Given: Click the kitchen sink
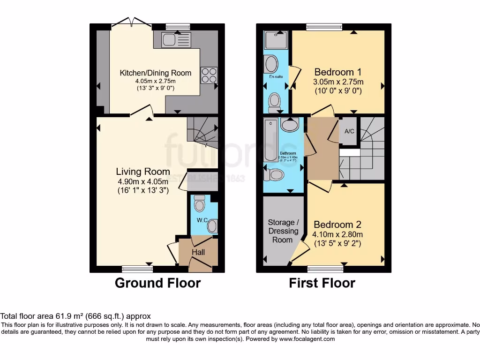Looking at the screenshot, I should click(x=176, y=40).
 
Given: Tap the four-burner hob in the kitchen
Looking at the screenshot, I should click(x=209, y=75).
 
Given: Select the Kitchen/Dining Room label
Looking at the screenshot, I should click(x=156, y=73).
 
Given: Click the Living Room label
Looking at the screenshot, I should click(x=143, y=172).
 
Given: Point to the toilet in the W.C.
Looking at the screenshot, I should click(x=199, y=203).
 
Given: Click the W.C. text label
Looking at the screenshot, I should click(x=202, y=220).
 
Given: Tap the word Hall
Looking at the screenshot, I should click(x=198, y=252).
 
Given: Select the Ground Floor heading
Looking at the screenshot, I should click(x=157, y=283).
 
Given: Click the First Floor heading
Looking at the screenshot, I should click(x=322, y=283).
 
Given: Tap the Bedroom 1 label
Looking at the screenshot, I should click(x=337, y=72).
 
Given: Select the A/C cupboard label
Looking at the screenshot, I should click(x=349, y=131).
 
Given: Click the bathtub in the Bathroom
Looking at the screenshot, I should click(x=271, y=141).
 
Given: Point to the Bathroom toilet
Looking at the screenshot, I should click(x=274, y=175).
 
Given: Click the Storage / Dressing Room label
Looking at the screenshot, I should click(x=283, y=231).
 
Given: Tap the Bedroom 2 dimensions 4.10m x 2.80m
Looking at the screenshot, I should click(x=337, y=234).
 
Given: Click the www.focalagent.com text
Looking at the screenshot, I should click(x=307, y=339).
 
